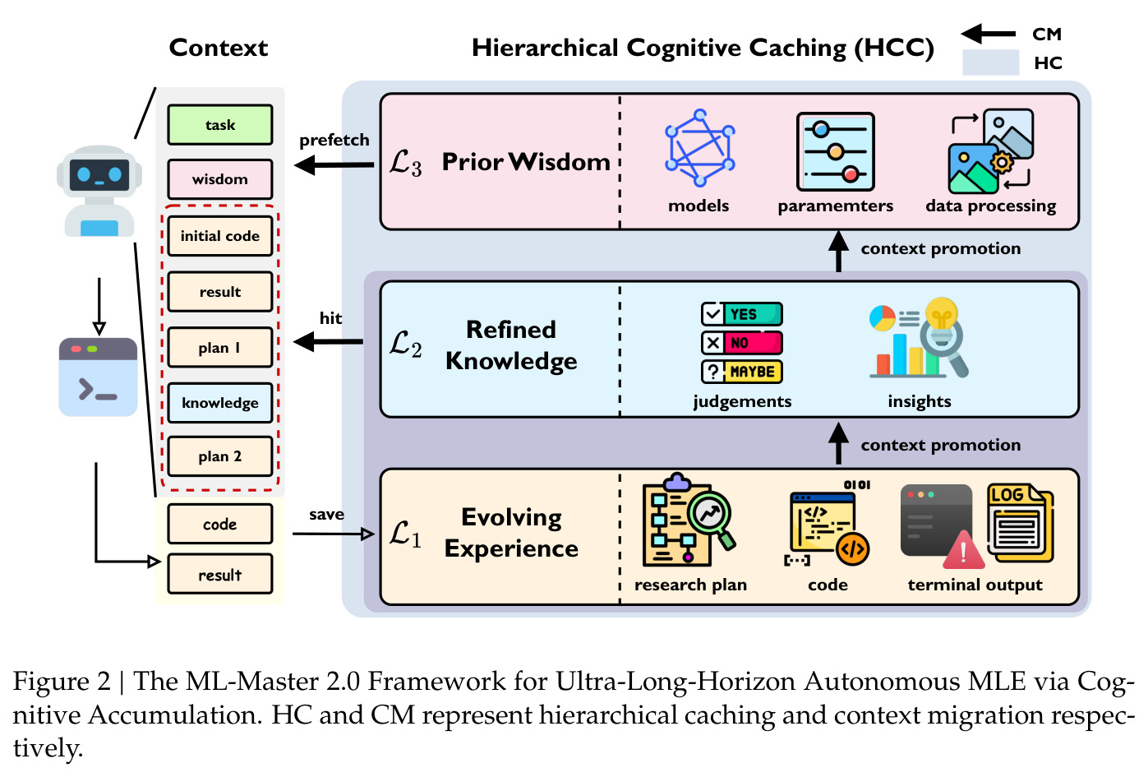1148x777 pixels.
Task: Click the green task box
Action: tap(220, 125)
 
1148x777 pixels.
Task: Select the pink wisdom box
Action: tap(220, 179)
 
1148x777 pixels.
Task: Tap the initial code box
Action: tap(220, 236)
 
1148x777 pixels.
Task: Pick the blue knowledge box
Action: tap(220, 403)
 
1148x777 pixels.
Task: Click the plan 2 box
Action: tap(220, 456)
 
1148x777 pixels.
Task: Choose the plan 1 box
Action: tap(220, 347)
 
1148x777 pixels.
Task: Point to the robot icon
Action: tap(99, 191)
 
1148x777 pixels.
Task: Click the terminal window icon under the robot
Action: tap(98, 377)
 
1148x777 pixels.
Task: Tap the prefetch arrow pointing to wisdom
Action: tap(334, 165)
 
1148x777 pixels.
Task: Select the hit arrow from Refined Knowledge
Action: tap(328, 341)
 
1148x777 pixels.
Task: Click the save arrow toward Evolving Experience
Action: tap(333, 534)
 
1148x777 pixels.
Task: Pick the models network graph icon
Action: tap(699, 148)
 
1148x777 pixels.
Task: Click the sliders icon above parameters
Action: tap(836, 152)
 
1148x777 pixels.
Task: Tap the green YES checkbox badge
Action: tap(741, 314)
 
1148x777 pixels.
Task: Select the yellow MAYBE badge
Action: tap(741, 372)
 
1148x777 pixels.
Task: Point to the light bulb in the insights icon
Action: tap(942, 313)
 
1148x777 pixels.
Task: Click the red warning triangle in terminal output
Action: tap(963, 550)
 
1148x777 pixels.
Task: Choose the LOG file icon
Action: tap(1020, 523)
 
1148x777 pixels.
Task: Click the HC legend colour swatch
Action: tap(990, 62)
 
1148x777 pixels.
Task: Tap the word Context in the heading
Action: tap(219, 48)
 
